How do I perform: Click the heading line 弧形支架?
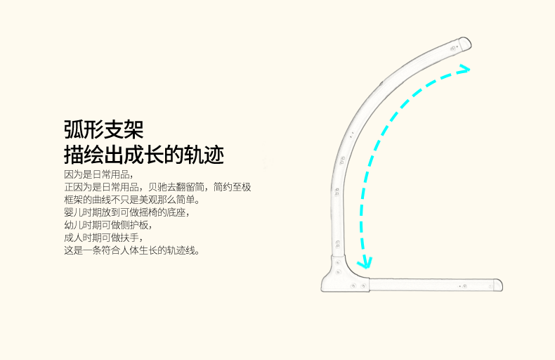(103, 129)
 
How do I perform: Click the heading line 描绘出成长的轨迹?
(143, 154)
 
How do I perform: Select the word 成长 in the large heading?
(143, 154)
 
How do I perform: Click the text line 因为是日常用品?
(98, 174)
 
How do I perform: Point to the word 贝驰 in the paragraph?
(157, 187)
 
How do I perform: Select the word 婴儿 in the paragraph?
(72, 212)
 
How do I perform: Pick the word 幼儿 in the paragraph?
(72, 225)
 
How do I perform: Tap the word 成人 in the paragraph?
(72, 238)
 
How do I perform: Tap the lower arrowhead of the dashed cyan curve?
(363, 264)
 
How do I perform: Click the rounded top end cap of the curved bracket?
(463, 44)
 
